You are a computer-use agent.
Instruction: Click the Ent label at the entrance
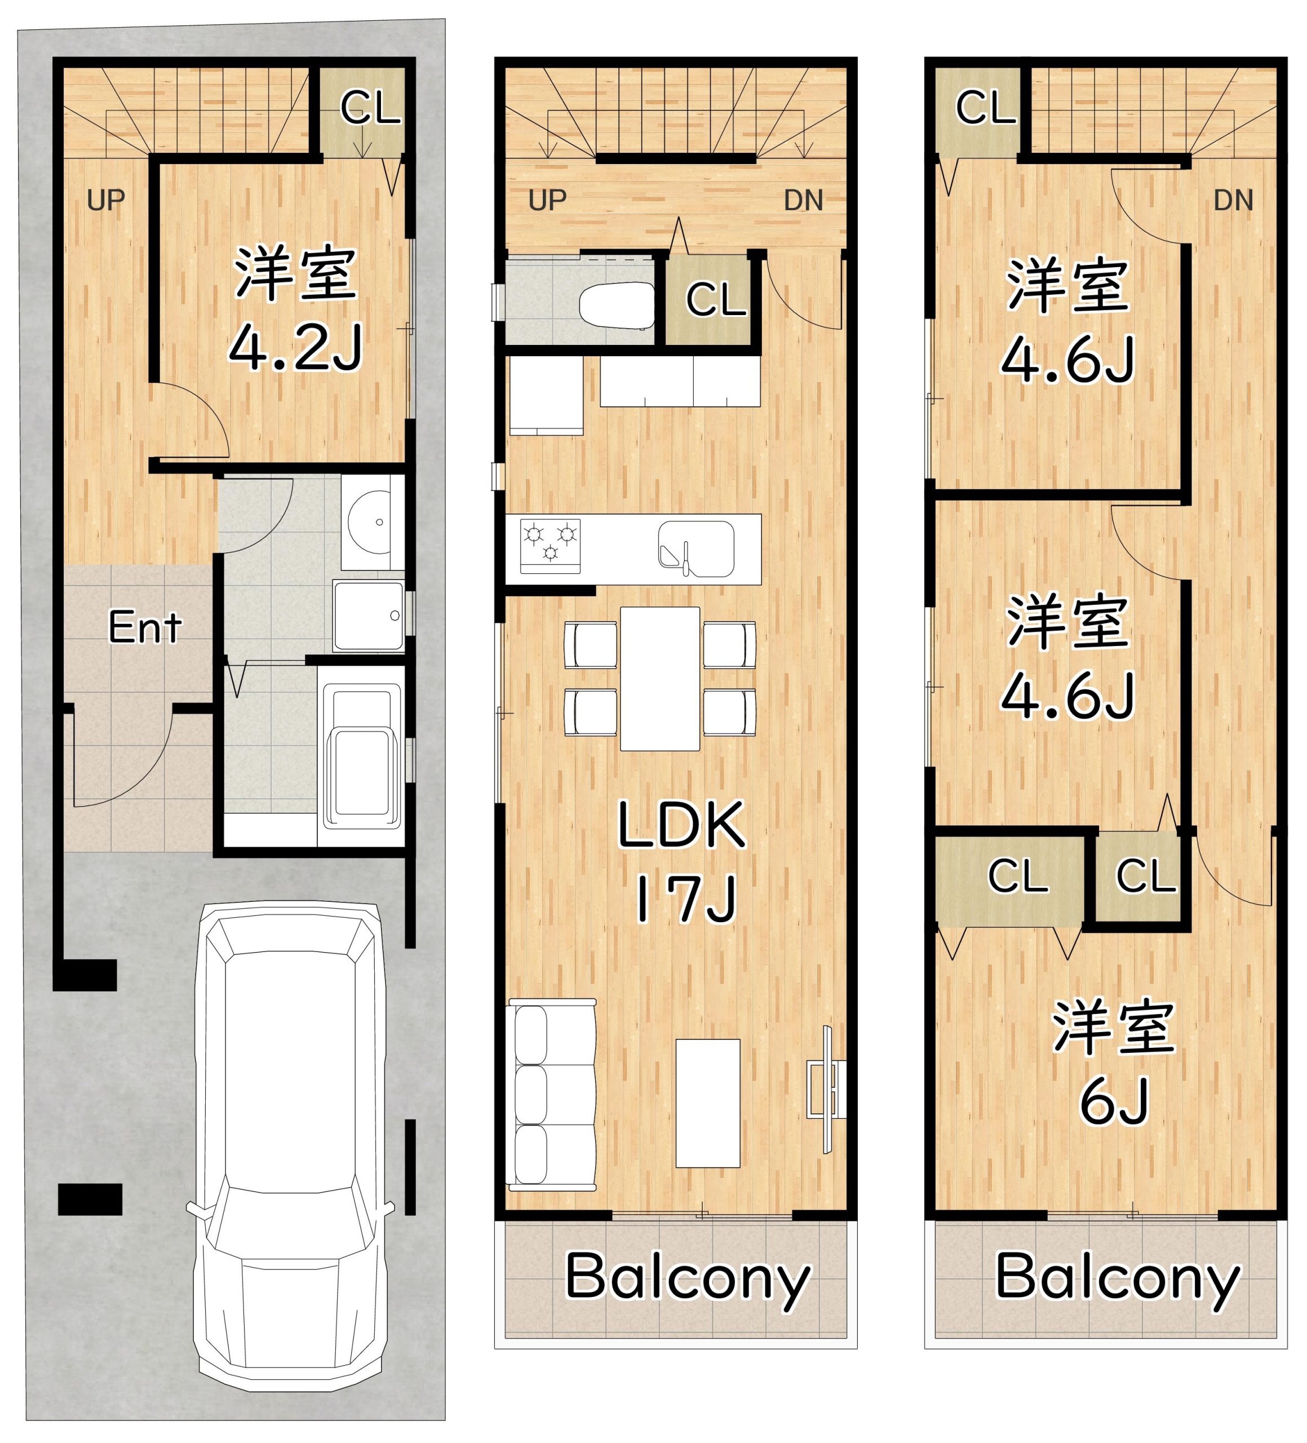pyautogui.click(x=145, y=628)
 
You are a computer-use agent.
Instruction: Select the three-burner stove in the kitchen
pyautogui.click(x=550, y=546)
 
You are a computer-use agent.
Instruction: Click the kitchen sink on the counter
pyautogui.click(x=695, y=549)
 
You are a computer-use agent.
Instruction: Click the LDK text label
pyautogui.click(x=681, y=825)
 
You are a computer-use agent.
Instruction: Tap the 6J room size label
pyautogui.click(x=1114, y=1101)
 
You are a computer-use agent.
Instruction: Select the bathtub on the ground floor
pyautogui.click(x=362, y=756)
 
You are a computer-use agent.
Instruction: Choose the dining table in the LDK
pyautogui.click(x=659, y=679)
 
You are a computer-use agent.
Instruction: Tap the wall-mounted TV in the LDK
pyautogui.click(x=827, y=1090)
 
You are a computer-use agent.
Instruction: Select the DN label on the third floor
pyautogui.click(x=1233, y=201)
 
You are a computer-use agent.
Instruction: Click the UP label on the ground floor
pyautogui.click(x=106, y=201)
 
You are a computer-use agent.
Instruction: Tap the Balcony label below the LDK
pyautogui.click(x=687, y=1279)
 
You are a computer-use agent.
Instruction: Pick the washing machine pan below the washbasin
pyautogui.click(x=369, y=616)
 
